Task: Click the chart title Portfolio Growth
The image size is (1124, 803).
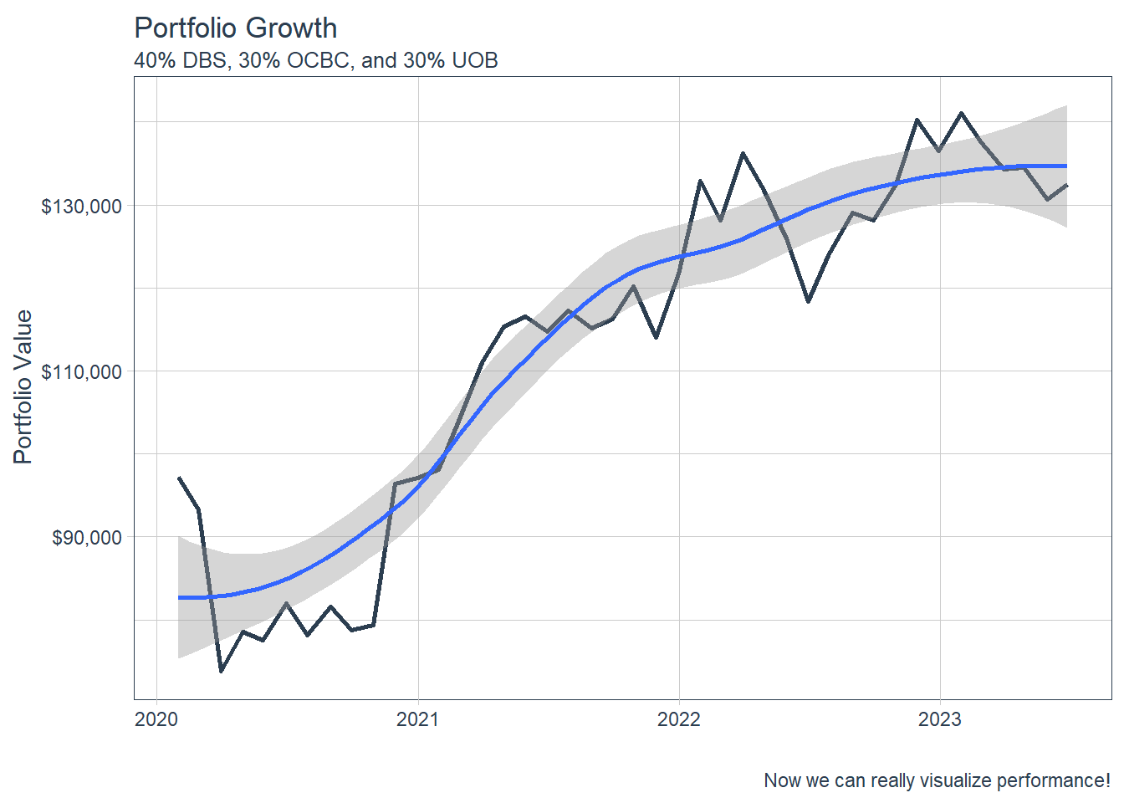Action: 235,28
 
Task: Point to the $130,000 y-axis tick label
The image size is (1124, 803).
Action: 81,206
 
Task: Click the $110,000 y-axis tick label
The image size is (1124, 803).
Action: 81,371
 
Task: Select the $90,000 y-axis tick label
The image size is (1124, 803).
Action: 86,537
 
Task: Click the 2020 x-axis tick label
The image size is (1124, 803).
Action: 156,719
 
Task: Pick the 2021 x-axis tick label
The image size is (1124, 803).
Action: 417,719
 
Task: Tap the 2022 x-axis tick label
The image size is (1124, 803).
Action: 679,719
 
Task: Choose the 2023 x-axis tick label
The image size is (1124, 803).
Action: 940,719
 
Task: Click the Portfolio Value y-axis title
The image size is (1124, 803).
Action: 23,386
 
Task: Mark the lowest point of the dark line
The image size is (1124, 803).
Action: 221,671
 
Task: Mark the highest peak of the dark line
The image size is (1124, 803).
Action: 962,112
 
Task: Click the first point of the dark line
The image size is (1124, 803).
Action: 178,478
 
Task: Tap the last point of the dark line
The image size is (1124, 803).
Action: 1066,185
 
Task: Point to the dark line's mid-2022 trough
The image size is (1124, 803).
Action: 808,301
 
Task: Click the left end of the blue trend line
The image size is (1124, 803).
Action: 179,597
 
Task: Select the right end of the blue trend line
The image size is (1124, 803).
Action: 1066,166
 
